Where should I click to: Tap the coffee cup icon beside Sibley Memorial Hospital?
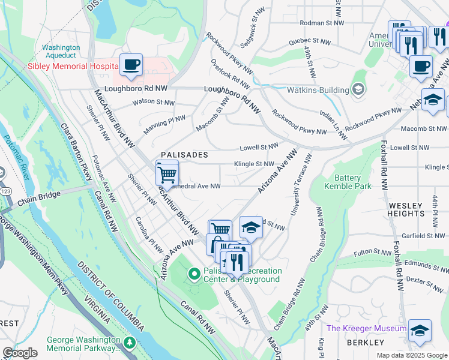pos(131,65)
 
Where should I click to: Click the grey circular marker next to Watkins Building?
pos(360,90)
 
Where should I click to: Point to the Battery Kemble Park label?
pos(348,182)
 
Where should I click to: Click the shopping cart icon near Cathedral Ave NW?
pos(167,173)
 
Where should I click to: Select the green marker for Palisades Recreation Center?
pos(194,274)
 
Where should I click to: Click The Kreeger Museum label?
pos(366,328)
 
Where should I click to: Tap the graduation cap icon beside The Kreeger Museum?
pos(419,330)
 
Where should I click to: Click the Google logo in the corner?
pos(20,352)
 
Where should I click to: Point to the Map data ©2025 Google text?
pos(412,355)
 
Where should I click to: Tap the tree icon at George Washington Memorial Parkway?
pos(130,343)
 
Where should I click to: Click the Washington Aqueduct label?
pos(61,52)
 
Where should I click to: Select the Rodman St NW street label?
pos(323,23)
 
